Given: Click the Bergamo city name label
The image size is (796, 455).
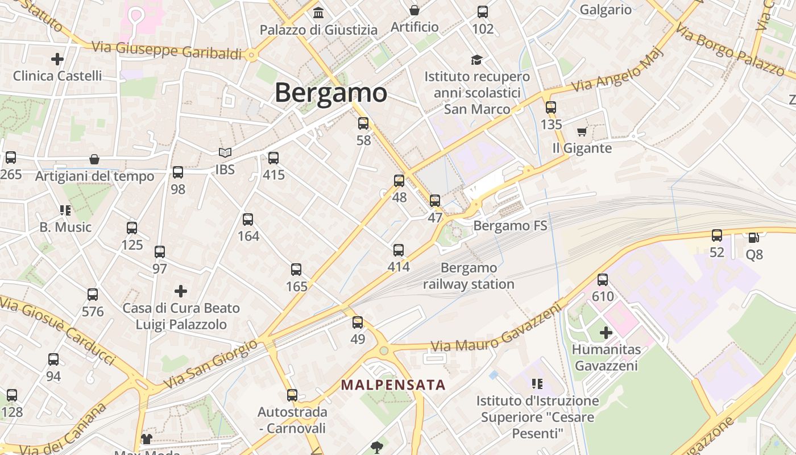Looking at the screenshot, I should [x=331, y=93].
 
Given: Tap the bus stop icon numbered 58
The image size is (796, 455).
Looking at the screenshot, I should [x=363, y=123].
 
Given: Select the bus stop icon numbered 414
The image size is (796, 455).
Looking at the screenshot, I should [x=399, y=250].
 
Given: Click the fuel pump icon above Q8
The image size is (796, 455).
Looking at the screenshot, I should [x=754, y=238].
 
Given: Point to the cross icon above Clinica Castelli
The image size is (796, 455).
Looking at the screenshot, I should [x=57, y=59].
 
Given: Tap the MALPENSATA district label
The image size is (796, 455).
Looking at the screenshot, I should [x=393, y=385].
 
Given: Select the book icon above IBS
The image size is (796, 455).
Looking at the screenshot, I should [x=225, y=153].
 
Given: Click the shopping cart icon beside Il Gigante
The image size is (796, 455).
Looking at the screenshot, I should [x=582, y=132].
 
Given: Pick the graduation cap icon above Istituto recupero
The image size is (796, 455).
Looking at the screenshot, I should [x=476, y=60].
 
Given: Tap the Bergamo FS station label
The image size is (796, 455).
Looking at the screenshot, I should [x=510, y=226].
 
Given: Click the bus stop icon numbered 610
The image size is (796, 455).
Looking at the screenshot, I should [x=603, y=280].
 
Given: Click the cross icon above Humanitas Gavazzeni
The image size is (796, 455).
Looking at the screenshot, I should [x=606, y=333].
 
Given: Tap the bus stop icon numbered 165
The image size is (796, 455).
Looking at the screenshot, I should [x=296, y=270].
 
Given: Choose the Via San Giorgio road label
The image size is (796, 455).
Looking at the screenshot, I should [x=210, y=365].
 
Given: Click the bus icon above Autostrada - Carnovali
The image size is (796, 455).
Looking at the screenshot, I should [x=292, y=395].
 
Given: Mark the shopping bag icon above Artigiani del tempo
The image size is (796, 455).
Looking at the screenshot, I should [x=94, y=159].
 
